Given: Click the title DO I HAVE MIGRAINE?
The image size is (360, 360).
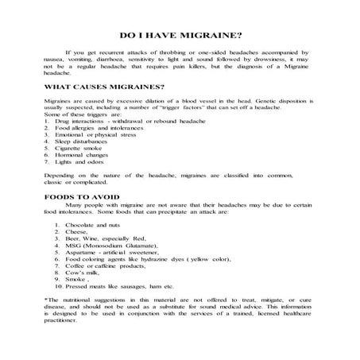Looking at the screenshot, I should pyautogui.click(x=180, y=36).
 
